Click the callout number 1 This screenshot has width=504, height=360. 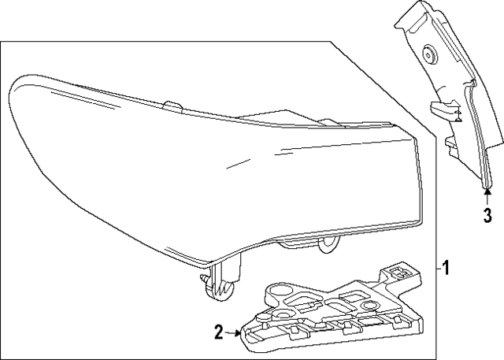447,269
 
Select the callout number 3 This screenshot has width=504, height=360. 487,213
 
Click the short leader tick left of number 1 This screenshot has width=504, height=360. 435,269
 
